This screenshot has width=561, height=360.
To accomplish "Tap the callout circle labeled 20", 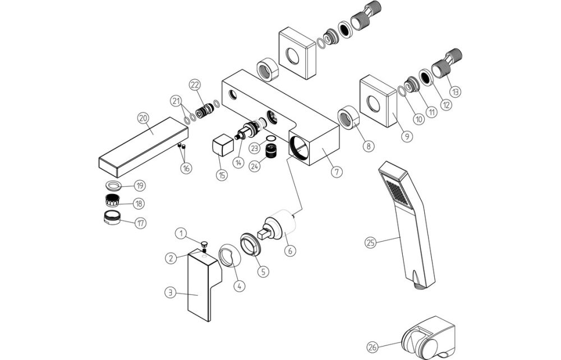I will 143,118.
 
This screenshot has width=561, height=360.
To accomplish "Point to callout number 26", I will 373,346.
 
